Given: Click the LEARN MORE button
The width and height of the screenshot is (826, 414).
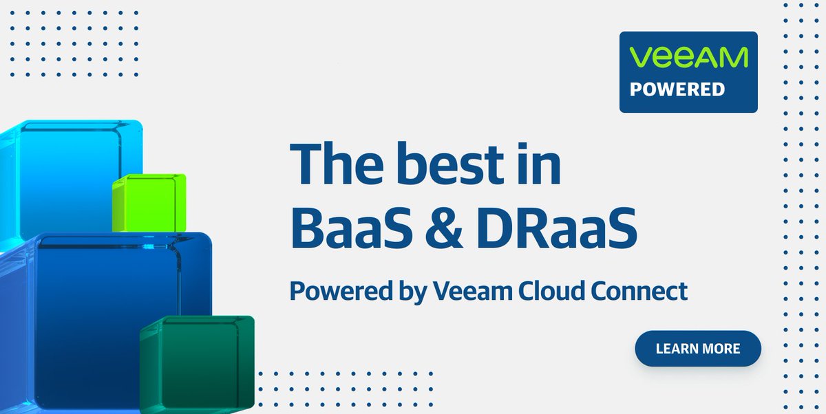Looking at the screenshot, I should click(697, 349).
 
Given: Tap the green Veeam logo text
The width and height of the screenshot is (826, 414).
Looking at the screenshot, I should click(688, 57).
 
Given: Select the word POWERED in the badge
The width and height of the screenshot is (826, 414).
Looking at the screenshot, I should click(678, 89).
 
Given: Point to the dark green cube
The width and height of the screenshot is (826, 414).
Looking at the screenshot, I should click(197, 362).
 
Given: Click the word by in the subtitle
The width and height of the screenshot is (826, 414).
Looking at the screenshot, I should click(406, 292).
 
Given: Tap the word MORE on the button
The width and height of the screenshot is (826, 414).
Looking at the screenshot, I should click(721, 349).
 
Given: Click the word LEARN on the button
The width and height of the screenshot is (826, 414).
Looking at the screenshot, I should click(677, 349).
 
